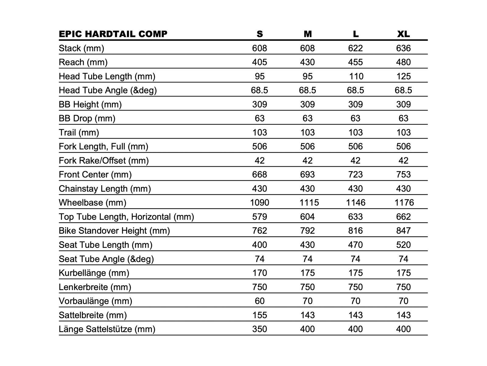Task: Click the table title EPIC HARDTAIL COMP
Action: (113, 34)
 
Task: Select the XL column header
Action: (403, 34)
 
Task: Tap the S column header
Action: (260, 34)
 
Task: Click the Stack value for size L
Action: (356, 48)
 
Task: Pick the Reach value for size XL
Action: (403, 62)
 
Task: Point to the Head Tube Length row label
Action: (107, 76)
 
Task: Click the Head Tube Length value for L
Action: (356, 76)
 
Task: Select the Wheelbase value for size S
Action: (260, 203)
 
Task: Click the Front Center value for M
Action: (307, 174)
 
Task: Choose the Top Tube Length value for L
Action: (356, 217)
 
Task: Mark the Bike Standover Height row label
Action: (114, 231)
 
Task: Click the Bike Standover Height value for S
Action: (260, 231)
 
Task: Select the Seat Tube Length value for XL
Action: (403, 245)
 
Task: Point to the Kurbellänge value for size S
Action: (260, 273)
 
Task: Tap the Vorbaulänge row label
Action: (95, 301)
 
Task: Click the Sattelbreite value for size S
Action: (260, 315)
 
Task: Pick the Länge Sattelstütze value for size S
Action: (260, 329)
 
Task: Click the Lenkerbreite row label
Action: (95, 287)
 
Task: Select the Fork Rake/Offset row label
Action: (103, 160)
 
